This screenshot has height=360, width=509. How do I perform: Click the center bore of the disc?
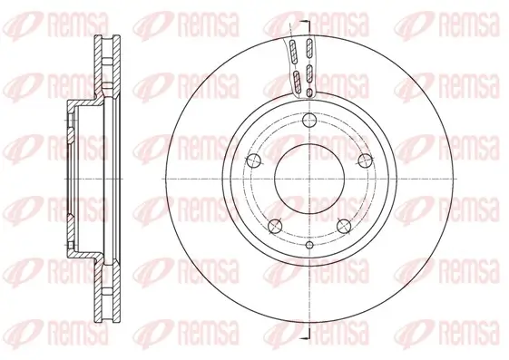coord(308,178)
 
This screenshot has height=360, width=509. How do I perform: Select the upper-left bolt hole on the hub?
coord(253,161)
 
